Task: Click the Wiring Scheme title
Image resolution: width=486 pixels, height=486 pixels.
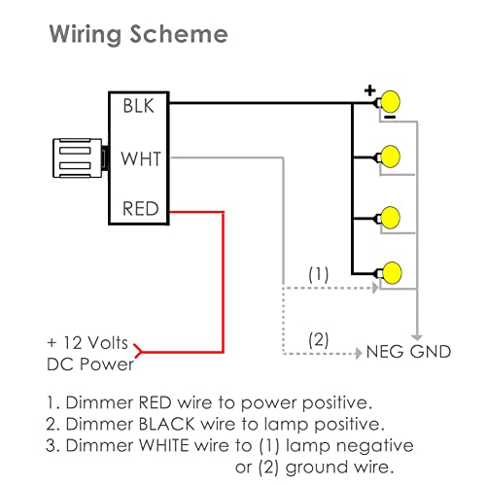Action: coord(139,36)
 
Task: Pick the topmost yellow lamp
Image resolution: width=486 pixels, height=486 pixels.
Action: coord(392,101)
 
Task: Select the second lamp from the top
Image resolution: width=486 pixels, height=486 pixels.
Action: coord(392,155)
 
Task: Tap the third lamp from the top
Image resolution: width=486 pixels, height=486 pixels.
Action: coord(392,215)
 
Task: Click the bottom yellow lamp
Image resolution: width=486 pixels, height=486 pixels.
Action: coord(392,271)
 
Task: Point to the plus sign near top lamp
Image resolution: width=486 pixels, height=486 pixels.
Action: coord(369,90)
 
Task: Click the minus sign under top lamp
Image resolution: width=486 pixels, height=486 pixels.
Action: coord(388,117)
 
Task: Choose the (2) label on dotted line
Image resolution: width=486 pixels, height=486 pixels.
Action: coord(319,340)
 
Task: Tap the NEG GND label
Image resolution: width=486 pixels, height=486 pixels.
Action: coord(408,351)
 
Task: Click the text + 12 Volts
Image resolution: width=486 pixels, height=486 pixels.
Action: coord(88,343)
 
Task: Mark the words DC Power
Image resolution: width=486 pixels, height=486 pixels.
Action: coord(90,364)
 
